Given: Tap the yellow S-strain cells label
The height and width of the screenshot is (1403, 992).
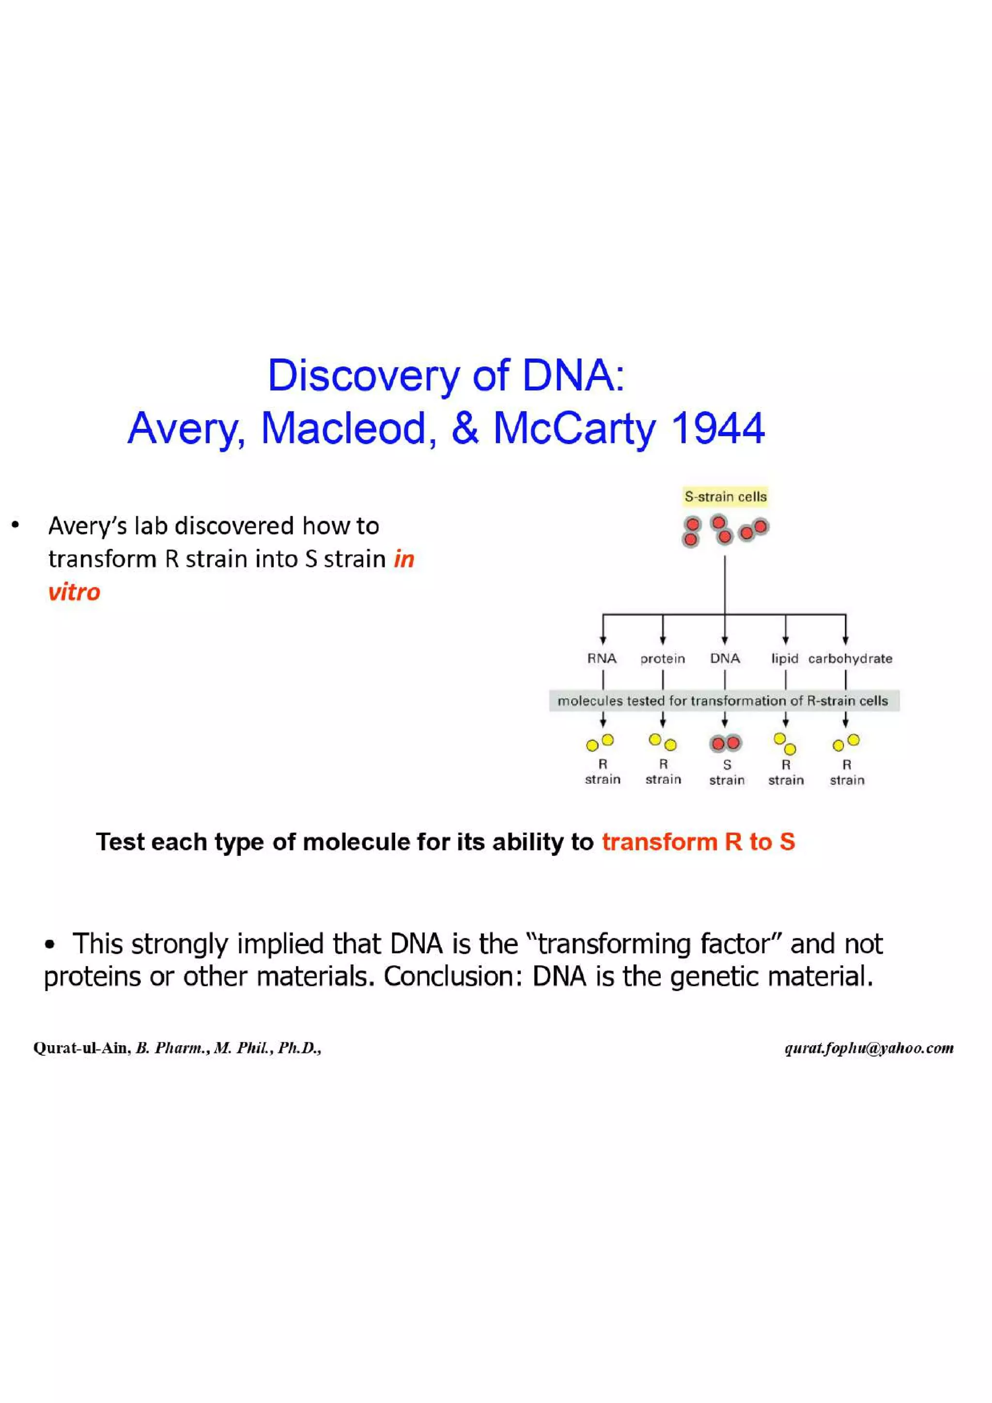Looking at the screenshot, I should [725, 497].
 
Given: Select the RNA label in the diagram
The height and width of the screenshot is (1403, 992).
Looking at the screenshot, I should [602, 659].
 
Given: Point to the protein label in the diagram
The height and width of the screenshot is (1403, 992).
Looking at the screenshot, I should [663, 659].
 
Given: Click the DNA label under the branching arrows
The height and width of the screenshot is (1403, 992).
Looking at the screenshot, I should [725, 659].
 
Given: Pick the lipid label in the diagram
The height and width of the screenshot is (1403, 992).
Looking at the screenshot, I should [785, 659].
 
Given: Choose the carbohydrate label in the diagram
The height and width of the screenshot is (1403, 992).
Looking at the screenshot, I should [850, 659].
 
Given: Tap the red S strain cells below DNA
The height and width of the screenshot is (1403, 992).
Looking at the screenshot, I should [726, 743].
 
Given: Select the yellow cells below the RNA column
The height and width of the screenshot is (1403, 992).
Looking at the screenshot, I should [600, 743].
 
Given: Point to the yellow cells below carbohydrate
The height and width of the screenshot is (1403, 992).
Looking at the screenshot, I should [846, 743].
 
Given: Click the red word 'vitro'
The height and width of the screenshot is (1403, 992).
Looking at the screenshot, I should [74, 593].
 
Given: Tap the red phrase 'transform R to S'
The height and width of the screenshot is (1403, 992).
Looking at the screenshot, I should [698, 842].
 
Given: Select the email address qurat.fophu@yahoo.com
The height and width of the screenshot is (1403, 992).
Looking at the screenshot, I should [868, 1048].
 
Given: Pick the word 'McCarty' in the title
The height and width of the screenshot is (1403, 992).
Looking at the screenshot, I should [574, 428].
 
